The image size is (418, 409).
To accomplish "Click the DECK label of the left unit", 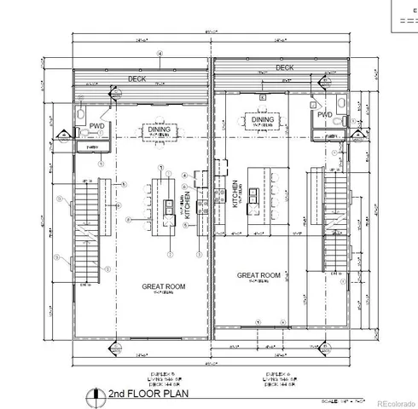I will coord(136,78).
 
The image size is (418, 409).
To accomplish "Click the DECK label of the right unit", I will coord(284,66).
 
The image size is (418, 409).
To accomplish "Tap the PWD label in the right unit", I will coord(324,114).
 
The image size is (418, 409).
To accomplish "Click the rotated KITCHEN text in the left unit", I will coord(187,207).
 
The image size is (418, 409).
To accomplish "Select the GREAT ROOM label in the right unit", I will coord(259,275).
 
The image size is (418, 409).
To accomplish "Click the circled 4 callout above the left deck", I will coord(160,55).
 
